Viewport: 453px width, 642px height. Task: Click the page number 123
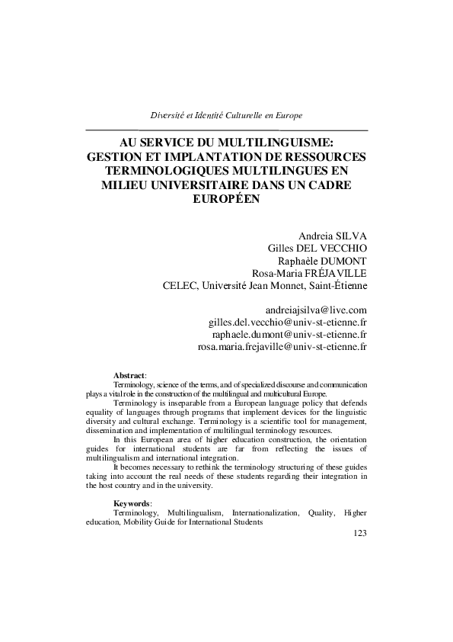click(361, 534)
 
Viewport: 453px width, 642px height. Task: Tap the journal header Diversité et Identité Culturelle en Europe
click(226, 115)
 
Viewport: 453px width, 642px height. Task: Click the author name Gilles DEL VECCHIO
click(318, 249)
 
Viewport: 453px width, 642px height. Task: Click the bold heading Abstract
click(129, 376)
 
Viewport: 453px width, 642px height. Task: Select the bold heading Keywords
click(132, 504)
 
